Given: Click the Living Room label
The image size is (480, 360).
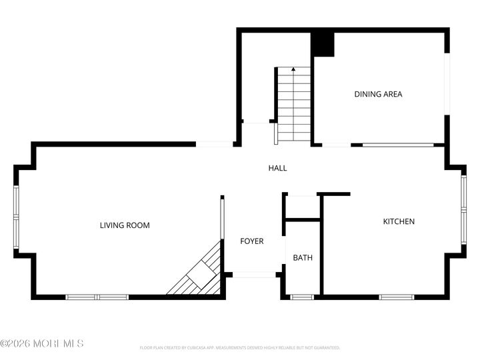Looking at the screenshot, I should pos(125,225).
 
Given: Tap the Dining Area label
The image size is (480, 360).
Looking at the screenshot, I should pos(378,94).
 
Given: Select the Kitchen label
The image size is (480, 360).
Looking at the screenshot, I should pos(399,221).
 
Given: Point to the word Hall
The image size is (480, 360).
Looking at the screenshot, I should pos(277,168).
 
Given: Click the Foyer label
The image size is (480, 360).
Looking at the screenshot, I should pos(252,241).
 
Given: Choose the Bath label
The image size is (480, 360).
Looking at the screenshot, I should pos(303,257).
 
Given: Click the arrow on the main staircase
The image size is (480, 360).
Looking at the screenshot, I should pos(293,70).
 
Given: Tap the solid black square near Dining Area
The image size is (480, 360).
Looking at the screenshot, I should pos(323,44).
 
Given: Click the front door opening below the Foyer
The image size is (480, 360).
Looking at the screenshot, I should pos(254,274).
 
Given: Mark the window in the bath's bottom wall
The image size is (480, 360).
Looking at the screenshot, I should pos(303,297).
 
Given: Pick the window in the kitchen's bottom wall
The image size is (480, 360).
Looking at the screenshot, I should pos(397,297).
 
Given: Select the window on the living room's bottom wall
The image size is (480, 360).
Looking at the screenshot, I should pos(97,297).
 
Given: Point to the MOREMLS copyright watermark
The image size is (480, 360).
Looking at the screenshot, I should pos(42,343).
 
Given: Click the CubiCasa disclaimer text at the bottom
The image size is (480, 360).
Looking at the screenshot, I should pos(240,347).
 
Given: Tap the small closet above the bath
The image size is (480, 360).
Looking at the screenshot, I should pos(303,207).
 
